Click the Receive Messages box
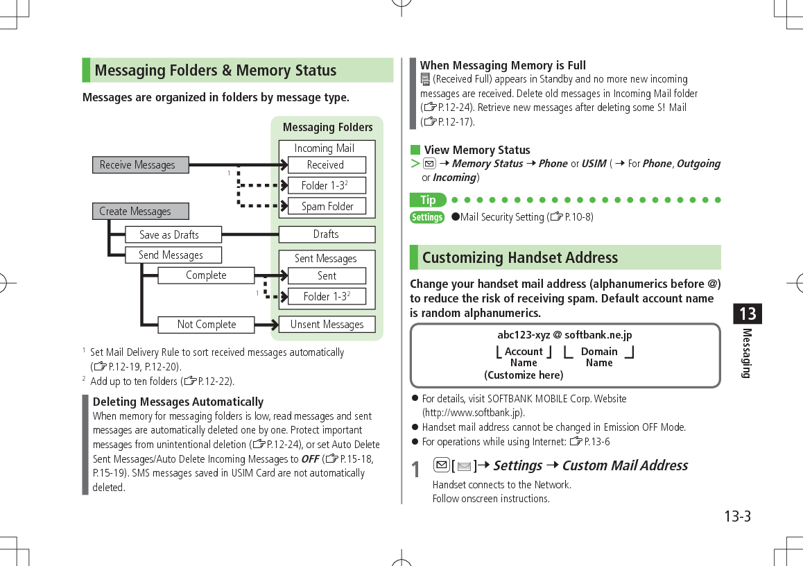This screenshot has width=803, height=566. click(140, 165)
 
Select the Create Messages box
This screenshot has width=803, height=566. click(140, 212)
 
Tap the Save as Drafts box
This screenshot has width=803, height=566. click(172, 235)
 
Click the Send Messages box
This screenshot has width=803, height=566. click(173, 255)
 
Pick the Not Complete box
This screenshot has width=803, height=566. click(206, 325)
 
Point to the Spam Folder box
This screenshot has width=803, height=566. click(327, 207)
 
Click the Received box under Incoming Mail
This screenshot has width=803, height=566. click(326, 165)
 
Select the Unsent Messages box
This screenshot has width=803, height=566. click(327, 325)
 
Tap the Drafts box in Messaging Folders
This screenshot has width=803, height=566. click(327, 234)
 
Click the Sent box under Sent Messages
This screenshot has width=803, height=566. click(327, 276)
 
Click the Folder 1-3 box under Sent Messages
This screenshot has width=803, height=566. click(327, 297)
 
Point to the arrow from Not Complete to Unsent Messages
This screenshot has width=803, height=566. click(266, 325)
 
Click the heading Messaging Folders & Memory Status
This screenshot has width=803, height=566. click(216, 71)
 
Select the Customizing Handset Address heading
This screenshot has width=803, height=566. click(519, 258)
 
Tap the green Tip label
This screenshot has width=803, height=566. click(428, 200)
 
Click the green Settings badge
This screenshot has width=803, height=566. click(427, 218)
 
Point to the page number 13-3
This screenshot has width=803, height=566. click(737, 517)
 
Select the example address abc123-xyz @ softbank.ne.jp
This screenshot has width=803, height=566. click(564, 336)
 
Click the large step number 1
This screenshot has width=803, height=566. click(415, 470)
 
